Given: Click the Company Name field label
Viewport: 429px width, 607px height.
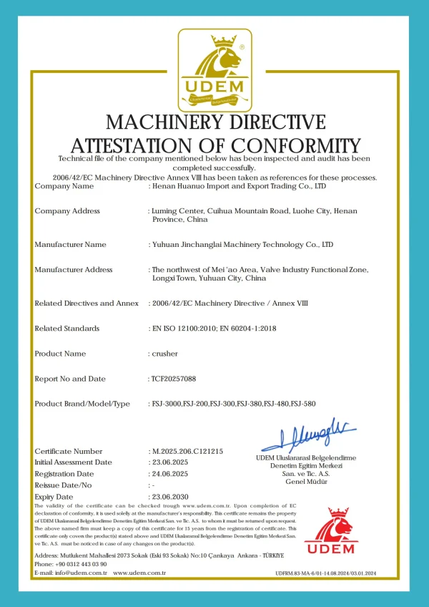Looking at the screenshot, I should click(x=64, y=186).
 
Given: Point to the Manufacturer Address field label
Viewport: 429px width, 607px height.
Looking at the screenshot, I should click(x=74, y=270).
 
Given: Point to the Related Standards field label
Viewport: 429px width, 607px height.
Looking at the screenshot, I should click(x=67, y=329).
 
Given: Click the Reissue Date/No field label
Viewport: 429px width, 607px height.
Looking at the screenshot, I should click(x=64, y=485).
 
